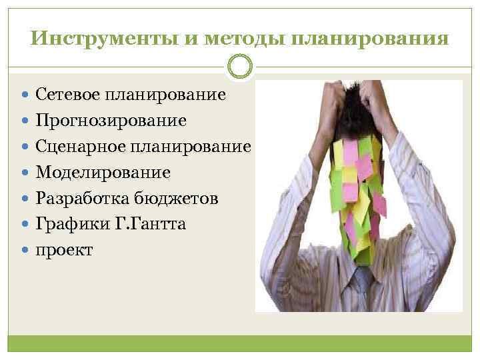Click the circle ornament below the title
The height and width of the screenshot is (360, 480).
240,67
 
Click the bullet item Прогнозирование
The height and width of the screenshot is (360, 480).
111,121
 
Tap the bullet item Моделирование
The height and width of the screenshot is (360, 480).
103,173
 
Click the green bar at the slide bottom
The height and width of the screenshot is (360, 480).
240,344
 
